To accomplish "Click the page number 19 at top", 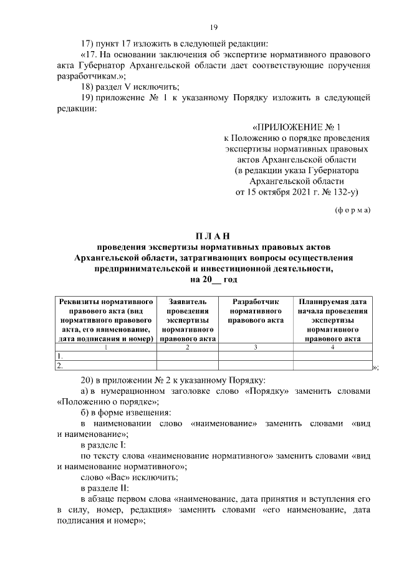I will [213, 27].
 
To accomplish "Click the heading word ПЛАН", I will [213, 236].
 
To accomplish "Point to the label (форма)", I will [353, 209].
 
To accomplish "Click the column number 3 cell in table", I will [256, 347].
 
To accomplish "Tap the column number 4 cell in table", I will [332, 347].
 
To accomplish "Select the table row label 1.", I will [59, 356].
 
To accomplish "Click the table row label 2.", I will [59, 366].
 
